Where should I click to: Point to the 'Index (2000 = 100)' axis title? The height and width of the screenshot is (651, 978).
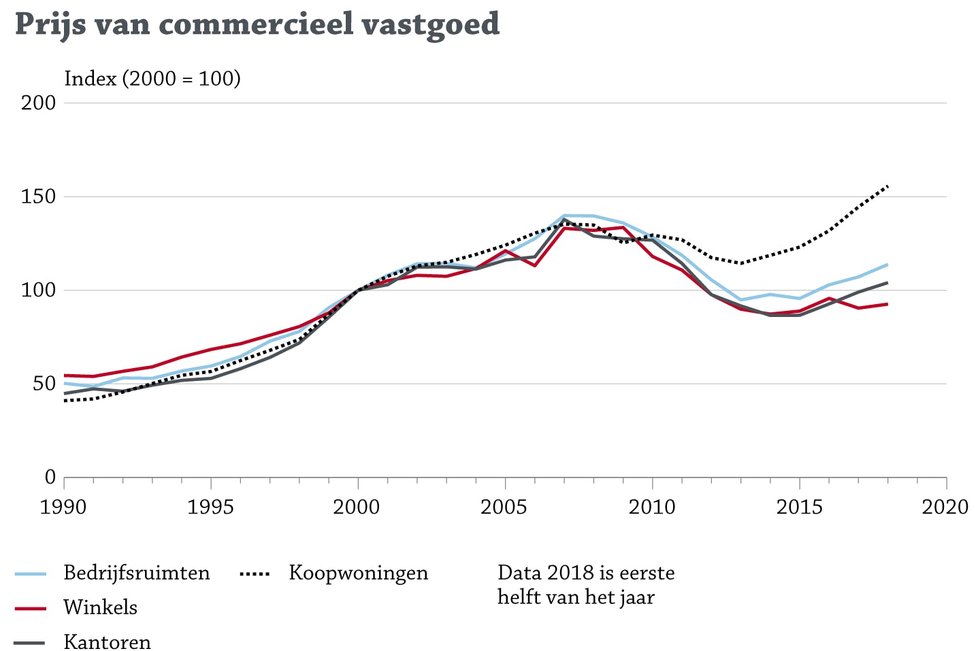[x=152, y=78]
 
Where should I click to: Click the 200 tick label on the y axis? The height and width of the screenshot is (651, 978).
[x=39, y=103]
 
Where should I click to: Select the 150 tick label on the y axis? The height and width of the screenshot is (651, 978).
[x=39, y=197]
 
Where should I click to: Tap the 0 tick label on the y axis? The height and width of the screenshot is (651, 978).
[x=50, y=477]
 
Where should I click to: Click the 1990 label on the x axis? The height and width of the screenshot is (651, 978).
[x=63, y=507]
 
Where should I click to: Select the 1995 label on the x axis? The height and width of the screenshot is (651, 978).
[x=210, y=507]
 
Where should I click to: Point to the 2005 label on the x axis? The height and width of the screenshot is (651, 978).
[x=504, y=507]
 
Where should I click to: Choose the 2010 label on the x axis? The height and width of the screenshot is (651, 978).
[x=652, y=507]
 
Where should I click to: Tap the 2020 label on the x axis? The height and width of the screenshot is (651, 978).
[x=945, y=507]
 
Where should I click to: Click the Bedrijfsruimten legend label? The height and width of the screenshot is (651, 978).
[x=137, y=573]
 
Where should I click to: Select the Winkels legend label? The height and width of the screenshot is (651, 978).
[x=101, y=607]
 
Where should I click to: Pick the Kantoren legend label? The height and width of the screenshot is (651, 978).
[x=108, y=641]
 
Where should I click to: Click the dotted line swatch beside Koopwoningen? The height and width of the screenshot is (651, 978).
[x=255, y=574]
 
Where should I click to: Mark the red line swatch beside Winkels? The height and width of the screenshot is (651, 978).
[x=31, y=608]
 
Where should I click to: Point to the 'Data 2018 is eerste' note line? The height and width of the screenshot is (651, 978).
[x=586, y=573]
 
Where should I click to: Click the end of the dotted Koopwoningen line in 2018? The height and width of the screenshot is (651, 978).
[x=887, y=186]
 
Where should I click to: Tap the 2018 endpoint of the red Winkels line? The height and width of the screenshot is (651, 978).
[x=887, y=304]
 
